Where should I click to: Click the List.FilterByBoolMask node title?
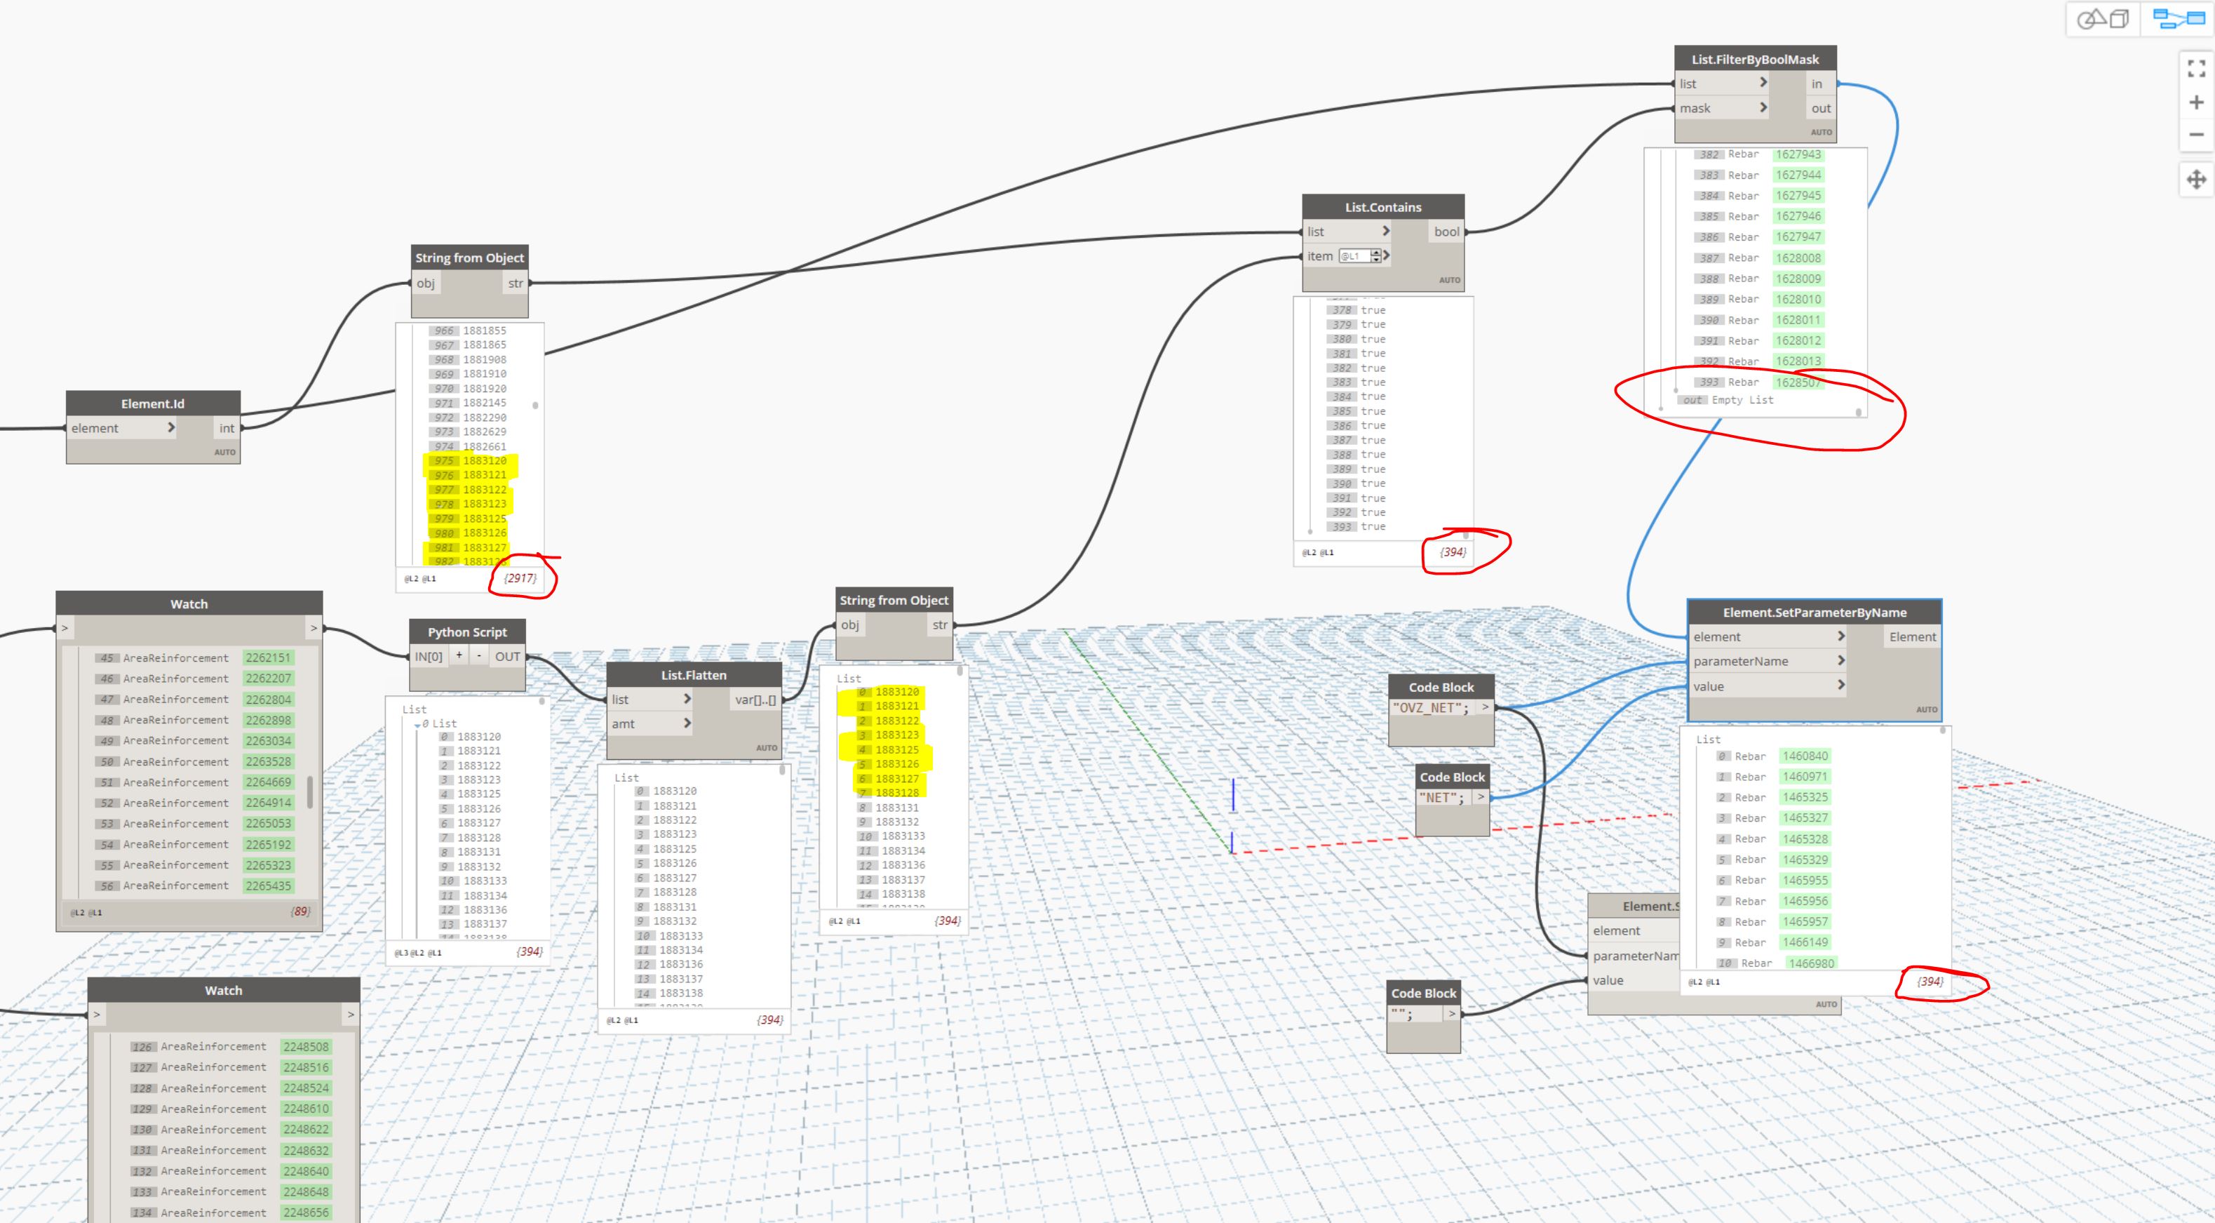[1755, 60]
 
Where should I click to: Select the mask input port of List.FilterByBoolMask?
[1696, 108]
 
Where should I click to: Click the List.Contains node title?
[1382, 207]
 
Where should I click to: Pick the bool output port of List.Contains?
[1446, 232]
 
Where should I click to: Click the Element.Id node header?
[152, 403]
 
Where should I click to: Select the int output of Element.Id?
[226, 428]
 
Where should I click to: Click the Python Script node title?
[467, 632]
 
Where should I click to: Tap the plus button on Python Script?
[459, 655]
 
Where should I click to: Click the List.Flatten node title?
[693, 675]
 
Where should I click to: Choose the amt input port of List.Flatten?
[624, 724]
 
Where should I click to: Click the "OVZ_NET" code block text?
[1431, 708]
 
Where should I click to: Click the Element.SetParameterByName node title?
[1815, 613]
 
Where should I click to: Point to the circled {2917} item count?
[520, 578]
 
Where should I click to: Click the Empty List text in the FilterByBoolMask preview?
[1742, 400]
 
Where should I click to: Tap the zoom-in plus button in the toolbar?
[2196, 102]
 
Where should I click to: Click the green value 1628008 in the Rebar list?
[1798, 258]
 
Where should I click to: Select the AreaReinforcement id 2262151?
[268, 658]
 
